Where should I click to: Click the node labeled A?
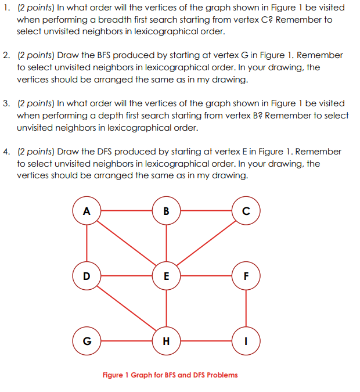(87, 210)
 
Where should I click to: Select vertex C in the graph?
(246, 210)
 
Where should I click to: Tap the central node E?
(167, 275)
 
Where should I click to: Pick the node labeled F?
(246, 275)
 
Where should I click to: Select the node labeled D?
(87, 275)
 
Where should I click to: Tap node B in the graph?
(167, 210)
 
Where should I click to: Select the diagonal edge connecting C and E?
(206, 243)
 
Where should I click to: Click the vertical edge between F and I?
(246, 307)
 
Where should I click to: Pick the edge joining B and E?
(167, 243)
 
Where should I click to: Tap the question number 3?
(5, 103)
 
